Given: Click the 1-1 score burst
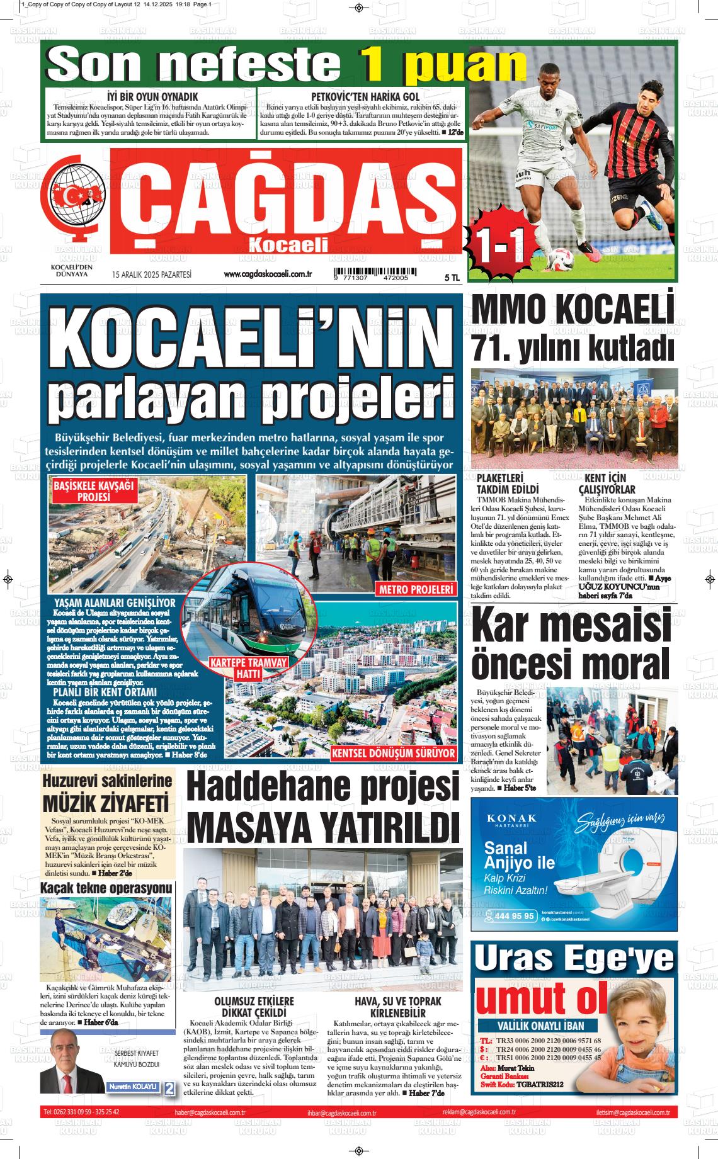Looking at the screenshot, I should click(502, 240).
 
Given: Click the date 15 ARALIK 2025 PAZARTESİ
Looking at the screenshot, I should click(151, 274).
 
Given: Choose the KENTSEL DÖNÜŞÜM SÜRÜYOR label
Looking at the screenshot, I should click(393, 753).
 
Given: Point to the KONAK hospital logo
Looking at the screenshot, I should click(512, 818).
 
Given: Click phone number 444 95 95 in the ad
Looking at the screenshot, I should click(514, 916).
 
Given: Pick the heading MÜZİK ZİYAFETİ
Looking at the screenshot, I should click(105, 805).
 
